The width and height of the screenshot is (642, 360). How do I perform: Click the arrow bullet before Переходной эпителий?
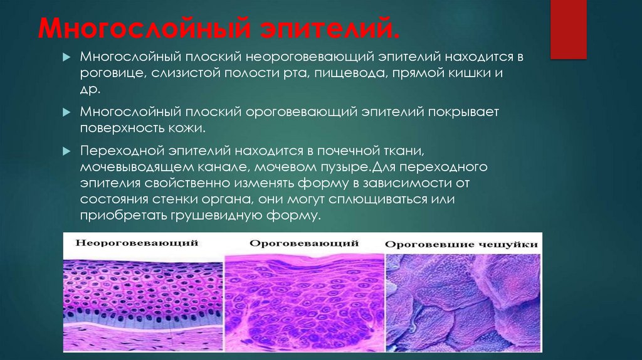tap(68, 152)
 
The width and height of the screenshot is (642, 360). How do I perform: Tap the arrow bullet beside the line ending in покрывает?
tap(68, 113)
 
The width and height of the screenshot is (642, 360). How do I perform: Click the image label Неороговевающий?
tap(138, 242)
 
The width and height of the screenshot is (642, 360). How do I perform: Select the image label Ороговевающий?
tap(304, 242)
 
